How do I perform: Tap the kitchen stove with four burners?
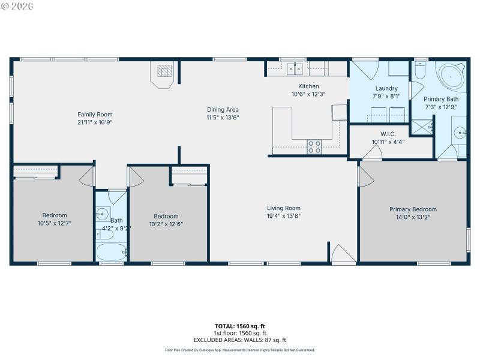tap(314, 146)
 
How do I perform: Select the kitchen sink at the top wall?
tap(295, 69)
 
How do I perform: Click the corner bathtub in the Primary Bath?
tap(454, 76)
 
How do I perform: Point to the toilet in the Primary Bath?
tap(421, 71)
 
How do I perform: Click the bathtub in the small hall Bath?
tap(111, 251)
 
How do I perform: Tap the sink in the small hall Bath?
tap(102, 214)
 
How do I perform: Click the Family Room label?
tap(95, 115)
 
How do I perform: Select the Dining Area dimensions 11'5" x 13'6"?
tap(223, 118)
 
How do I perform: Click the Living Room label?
tap(283, 208)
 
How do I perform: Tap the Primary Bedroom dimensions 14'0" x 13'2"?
tap(413, 217)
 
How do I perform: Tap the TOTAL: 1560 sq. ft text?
tap(240, 326)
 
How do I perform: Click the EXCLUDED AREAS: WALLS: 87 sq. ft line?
tap(240, 340)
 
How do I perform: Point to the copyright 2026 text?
tap(17, 6)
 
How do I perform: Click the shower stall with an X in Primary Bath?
tap(421, 127)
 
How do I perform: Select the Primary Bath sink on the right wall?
tap(458, 133)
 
